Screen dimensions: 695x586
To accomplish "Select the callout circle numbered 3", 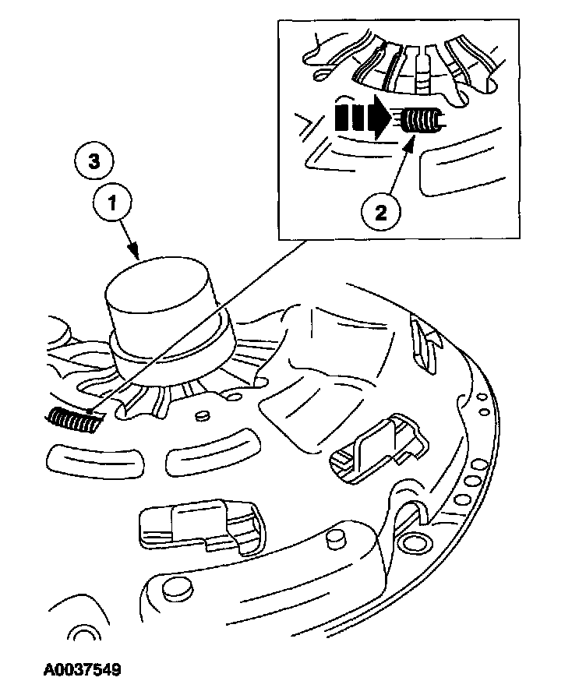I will pos(93,161).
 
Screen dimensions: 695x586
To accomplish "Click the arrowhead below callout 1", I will pos(137,254).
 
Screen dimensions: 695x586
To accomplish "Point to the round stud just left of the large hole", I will pos(337,538).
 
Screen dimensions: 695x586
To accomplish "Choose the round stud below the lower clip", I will pos(179,588).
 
